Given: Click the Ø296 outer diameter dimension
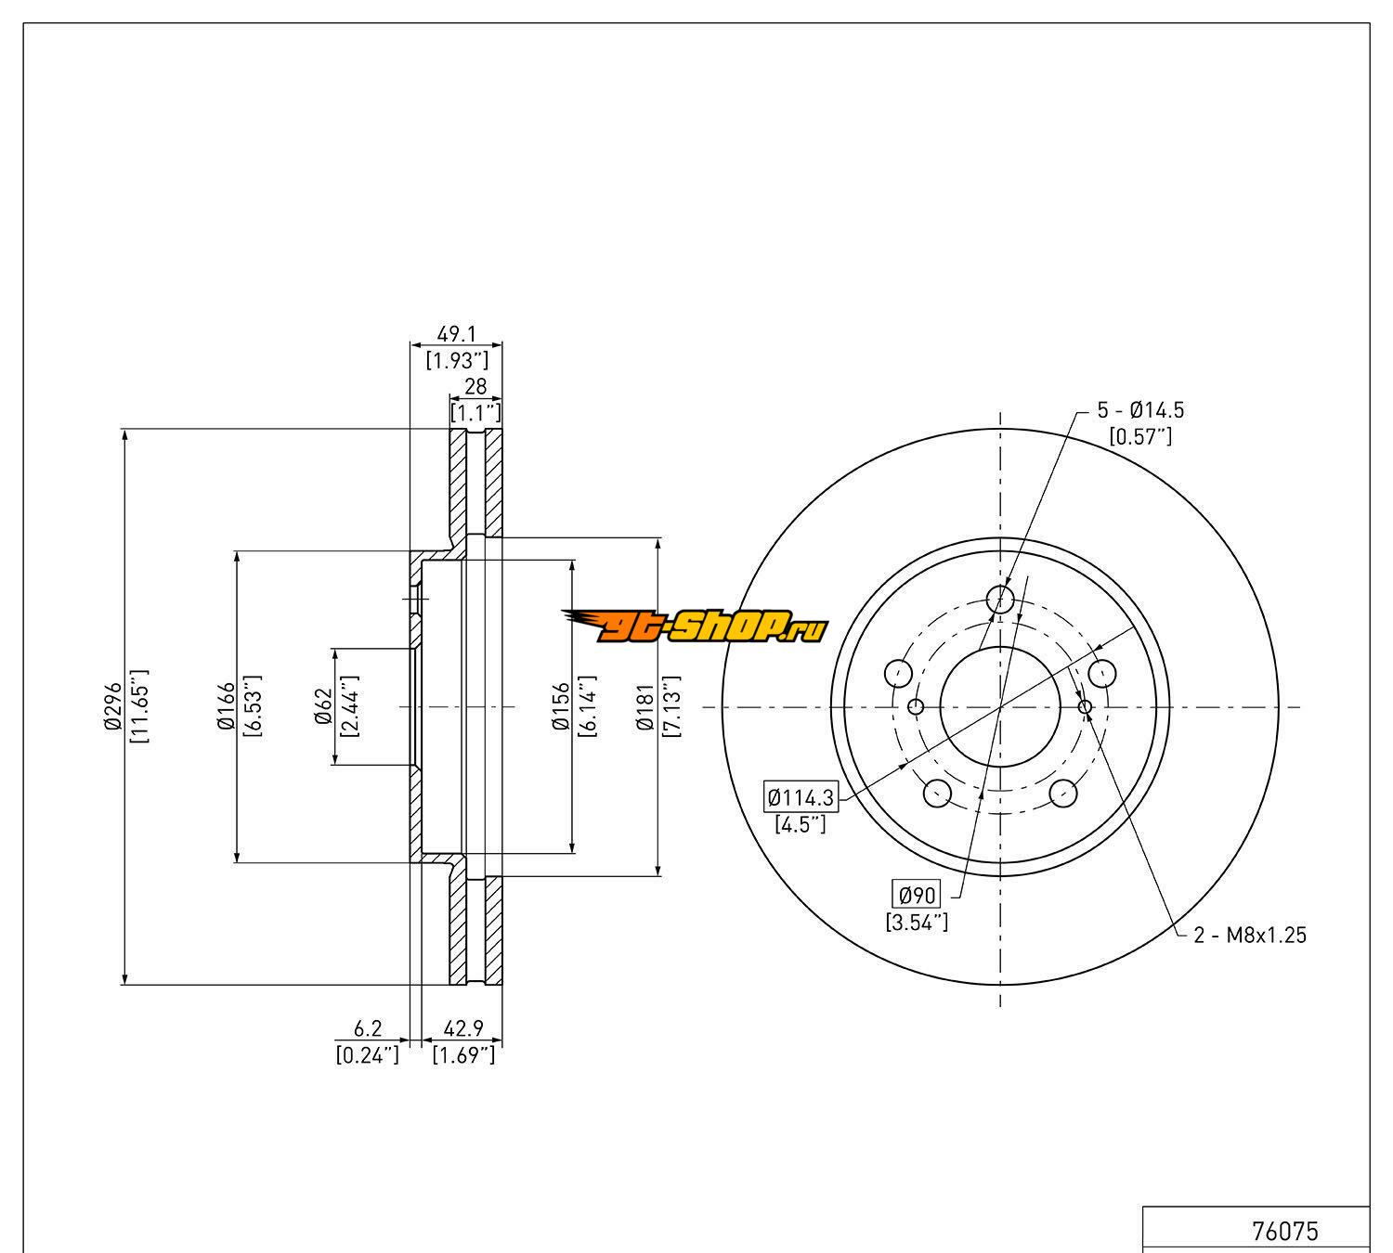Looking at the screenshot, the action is tap(113, 706).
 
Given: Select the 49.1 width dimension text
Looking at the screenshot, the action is tap(456, 334).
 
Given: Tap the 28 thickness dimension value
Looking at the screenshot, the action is tap(475, 386).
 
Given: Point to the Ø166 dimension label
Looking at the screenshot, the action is tap(227, 706).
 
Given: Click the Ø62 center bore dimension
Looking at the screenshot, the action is tap(323, 706).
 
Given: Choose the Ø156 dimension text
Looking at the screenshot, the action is tap(561, 706).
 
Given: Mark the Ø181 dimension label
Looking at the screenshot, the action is tap(645, 706).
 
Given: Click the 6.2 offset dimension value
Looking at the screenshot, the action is tap(368, 1028).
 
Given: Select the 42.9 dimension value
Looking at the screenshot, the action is tap(463, 1028).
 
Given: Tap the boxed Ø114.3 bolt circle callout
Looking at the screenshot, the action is tap(801, 797).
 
